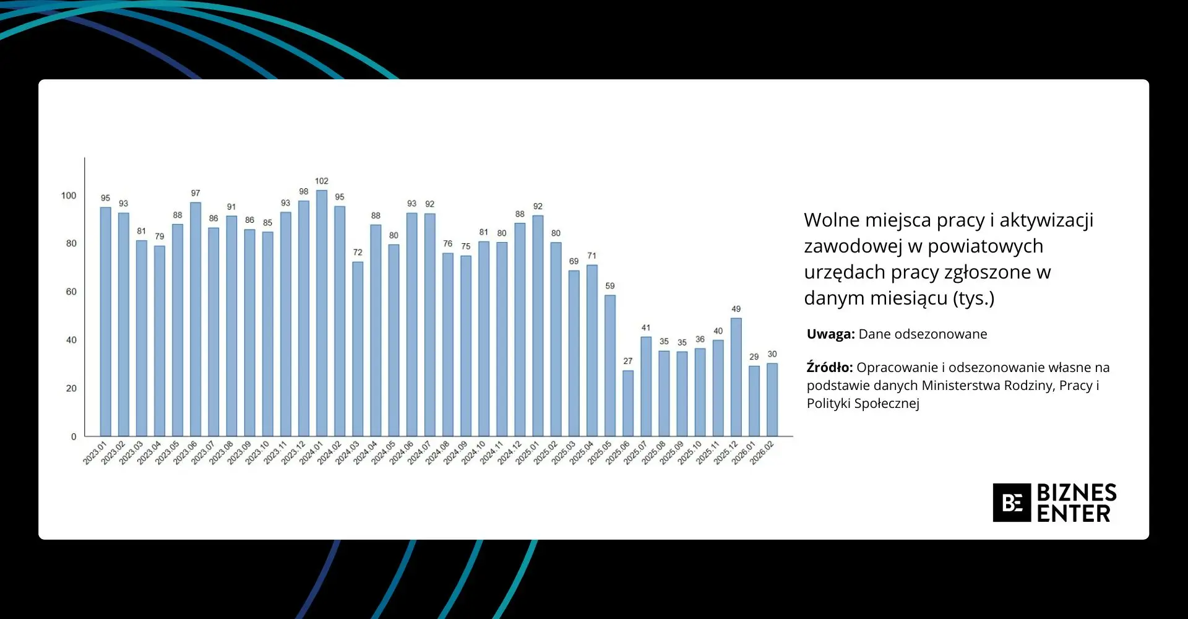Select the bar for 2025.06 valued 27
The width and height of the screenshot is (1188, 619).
tap(628, 403)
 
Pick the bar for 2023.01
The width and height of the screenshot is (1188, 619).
tap(106, 321)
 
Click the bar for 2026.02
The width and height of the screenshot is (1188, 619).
tap(772, 399)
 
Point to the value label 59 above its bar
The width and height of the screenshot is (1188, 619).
tap(610, 286)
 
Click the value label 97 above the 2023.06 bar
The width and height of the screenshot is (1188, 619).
tap(196, 193)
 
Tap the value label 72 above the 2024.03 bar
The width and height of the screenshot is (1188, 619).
tap(358, 253)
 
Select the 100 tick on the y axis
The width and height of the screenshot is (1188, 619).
tap(69, 196)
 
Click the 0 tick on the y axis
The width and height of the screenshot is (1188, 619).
tap(74, 436)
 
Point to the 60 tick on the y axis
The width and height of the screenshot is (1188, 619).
tap(71, 292)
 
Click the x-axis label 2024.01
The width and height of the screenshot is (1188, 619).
tap(311, 452)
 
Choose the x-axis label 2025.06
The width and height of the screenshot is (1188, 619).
tap(617, 452)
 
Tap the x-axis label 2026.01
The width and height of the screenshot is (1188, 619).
tap(743, 452)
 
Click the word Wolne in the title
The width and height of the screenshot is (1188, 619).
tap(831, 220)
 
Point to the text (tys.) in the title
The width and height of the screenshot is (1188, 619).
tap(973, 298)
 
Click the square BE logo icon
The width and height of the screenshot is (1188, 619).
tap(1012, 503)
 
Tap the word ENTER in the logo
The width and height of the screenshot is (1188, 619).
tap(1074, 514)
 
